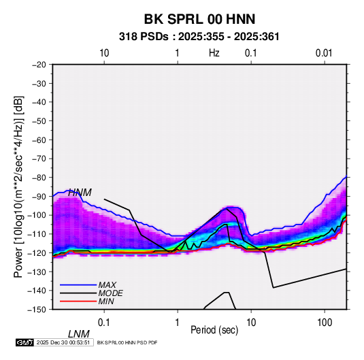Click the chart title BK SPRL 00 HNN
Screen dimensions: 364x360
199,19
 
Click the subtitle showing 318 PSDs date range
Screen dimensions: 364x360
199,37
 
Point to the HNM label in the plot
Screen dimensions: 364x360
80,193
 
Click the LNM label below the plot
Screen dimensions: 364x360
78,334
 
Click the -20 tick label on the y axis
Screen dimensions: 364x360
39,65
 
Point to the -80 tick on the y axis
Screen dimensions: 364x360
39,178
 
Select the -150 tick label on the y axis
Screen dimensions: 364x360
37,310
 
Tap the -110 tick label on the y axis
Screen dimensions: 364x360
37,234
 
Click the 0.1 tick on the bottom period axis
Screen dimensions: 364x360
104,323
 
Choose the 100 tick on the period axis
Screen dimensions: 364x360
325,323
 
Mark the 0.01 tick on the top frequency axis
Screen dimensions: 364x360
324,53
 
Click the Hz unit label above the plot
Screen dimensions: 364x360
214,53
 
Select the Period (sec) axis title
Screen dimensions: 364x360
214,330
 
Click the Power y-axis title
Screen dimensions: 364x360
18,187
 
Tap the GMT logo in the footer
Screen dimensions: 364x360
24,342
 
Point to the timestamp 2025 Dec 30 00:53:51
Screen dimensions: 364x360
63,342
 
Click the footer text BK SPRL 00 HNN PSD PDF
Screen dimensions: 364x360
127,342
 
